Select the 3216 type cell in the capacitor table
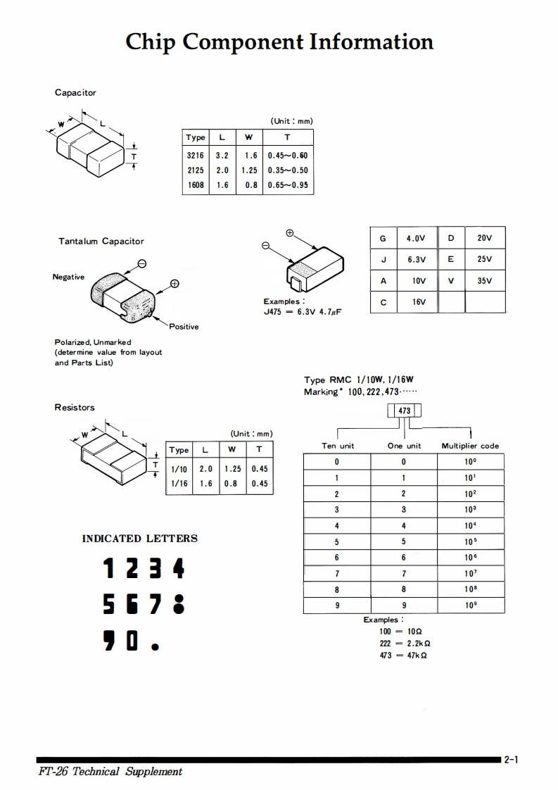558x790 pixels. click(x=195, y=156)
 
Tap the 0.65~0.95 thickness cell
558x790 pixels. click(x=287, y=185)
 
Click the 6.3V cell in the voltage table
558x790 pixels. click(x=417, y=259)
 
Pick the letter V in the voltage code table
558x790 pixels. click(x=451, y=281)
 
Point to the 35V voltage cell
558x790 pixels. click(x=484, y=281)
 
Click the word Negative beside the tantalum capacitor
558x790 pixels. click(x=68, y=277)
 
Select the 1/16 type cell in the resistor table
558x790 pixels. click(x=179, y=484)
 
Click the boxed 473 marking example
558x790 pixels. click(x=404, y=410)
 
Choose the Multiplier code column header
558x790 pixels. click(x=470, y=446)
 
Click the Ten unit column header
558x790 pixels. click(x=338, y=446)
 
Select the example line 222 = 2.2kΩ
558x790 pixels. click(x=405, y=643)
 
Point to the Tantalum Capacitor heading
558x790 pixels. click(x=101, y=242)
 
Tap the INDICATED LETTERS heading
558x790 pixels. click(x=140, y=539)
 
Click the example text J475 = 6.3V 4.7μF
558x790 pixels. click(x=303, y=311)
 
